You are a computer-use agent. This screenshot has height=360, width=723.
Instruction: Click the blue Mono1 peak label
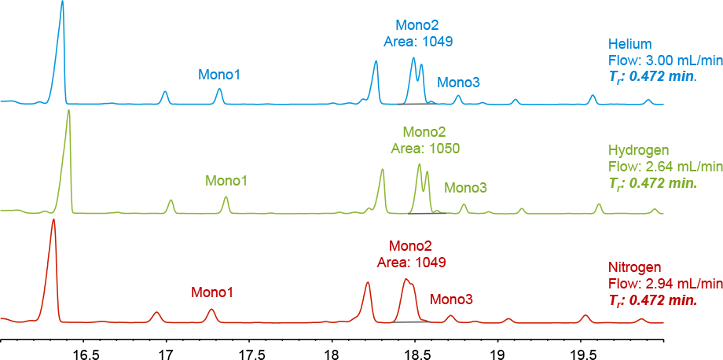pos(219,75)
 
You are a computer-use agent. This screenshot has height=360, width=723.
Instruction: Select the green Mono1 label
pos(226,181)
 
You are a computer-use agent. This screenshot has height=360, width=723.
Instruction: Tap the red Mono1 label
pos(212,292)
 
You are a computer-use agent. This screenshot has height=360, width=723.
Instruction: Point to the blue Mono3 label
pos(458,83)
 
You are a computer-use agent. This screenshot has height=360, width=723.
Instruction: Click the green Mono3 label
pos(465,188)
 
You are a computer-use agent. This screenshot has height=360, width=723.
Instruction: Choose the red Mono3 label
pos(451,299)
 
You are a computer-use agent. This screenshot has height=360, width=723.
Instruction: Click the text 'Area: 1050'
pos(425,148)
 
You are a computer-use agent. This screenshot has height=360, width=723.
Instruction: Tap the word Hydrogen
pos(639,150)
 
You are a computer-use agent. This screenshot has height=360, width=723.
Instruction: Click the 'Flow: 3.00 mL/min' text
pos(664,60)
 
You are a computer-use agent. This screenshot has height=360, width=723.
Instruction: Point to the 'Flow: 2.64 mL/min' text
pos(664,167)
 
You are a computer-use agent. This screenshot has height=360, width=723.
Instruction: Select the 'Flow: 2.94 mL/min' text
pos(664,284)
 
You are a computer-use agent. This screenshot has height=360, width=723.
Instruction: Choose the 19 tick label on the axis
pos(497,354)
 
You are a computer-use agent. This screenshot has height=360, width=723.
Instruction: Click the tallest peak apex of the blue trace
pos(62,2)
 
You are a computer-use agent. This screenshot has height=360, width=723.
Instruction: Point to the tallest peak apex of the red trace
pos(53,220)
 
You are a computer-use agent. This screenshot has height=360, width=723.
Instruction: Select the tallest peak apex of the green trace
pos(69,111)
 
